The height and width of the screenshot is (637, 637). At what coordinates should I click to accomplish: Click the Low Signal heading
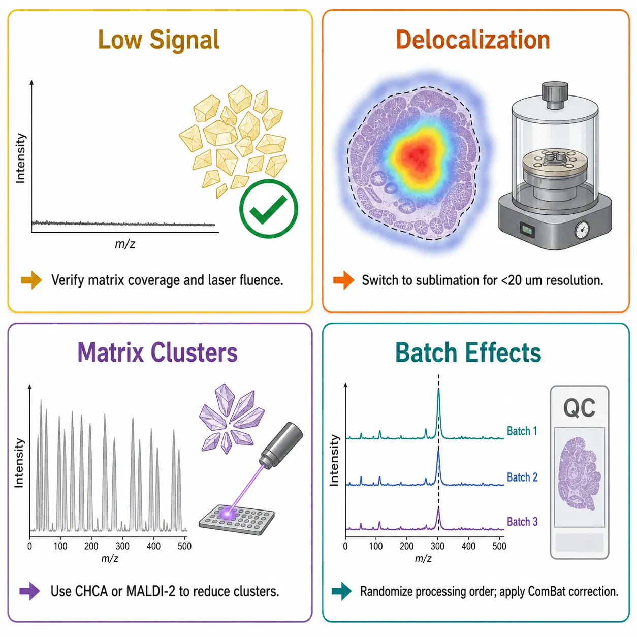(158, 40)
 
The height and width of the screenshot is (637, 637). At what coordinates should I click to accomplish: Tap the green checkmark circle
(268, 209)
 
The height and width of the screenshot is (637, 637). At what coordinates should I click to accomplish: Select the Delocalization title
(473, 40)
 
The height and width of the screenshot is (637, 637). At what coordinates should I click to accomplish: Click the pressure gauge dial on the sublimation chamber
(582, 230)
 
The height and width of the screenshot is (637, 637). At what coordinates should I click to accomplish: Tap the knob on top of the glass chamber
(555, 95)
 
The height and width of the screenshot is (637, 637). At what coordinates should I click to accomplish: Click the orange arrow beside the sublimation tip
(344, 280)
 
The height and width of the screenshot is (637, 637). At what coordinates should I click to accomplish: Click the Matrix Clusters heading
(157, 353)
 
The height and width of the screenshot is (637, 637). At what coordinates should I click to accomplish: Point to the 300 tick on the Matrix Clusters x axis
(122, 546)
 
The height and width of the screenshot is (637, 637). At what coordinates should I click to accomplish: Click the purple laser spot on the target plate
(227, 514)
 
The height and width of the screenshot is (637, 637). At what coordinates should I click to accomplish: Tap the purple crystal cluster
(231, 419)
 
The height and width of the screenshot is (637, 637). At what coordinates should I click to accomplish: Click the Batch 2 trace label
(522, 477)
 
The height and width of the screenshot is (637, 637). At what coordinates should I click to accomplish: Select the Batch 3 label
(522, 522)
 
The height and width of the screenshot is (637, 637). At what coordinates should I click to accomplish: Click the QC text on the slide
(580, 408)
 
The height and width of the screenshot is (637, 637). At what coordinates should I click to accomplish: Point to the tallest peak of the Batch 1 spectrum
(439, 389)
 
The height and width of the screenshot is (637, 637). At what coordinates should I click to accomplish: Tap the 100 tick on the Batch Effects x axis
(376, 546)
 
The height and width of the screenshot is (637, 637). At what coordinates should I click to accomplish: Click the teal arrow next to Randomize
(342, 591)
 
